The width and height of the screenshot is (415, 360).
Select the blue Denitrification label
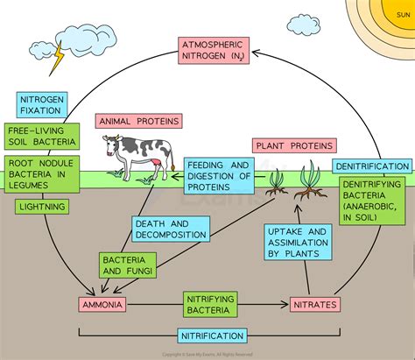[x=374, y=166]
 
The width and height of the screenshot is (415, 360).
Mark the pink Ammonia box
[x=102, y=305]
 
